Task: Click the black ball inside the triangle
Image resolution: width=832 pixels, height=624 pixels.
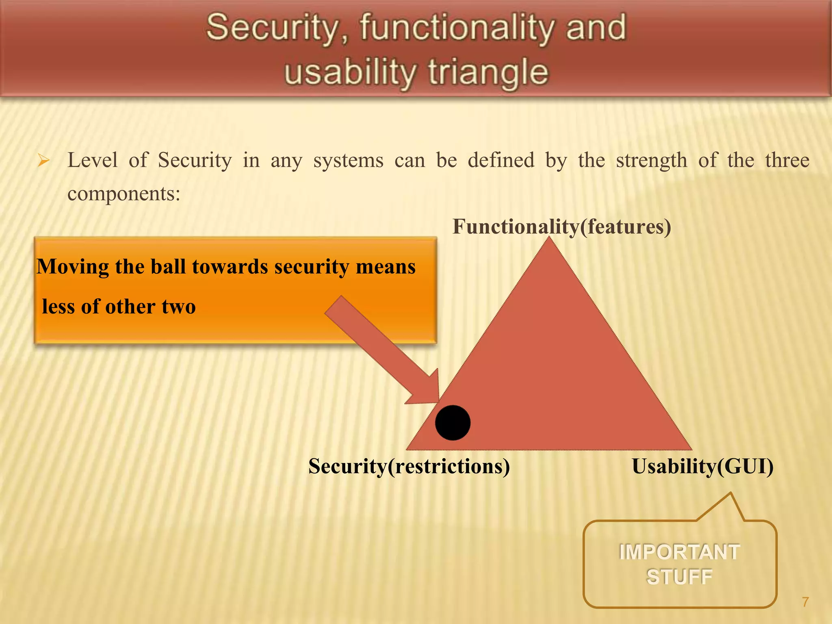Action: coord(453,422)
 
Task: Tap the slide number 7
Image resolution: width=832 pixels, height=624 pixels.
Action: coord(805,602)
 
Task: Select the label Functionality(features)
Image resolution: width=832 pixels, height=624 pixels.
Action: coord(561,227)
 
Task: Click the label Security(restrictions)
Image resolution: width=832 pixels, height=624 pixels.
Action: coord(409,466)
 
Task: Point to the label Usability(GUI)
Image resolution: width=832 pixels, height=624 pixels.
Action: coord(702,466)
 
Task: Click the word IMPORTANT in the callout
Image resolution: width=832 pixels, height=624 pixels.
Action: coord(679,552)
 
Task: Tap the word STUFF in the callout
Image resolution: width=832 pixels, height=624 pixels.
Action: coord(679,577)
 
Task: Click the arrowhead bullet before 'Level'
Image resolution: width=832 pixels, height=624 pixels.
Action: coord(43,161)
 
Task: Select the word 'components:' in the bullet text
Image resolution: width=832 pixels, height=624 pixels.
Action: coord(123,193)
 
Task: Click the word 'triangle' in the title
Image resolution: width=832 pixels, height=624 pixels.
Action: coord(488,72)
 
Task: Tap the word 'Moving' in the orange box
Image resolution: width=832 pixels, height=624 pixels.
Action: coord(72,267)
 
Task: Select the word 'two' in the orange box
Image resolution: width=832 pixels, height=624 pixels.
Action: coord(179,306)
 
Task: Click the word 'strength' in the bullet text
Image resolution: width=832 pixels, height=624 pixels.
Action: coord(651,160)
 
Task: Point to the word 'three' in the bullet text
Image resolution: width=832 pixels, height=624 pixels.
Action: coord(787,160)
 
